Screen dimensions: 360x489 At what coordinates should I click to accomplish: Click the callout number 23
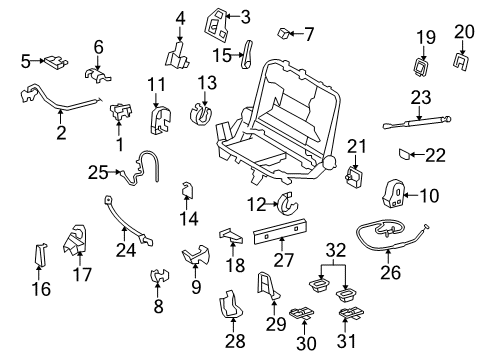(421, 97)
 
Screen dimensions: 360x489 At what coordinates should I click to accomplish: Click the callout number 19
(426, 39)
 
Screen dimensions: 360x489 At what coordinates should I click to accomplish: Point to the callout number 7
(308, 35)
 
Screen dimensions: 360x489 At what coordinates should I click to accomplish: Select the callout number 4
(181, 17)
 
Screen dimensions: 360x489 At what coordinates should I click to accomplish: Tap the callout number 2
(61, 134)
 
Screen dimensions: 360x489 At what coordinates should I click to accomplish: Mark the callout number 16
(40, 290)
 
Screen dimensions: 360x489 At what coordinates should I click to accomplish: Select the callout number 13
(206, 80)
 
